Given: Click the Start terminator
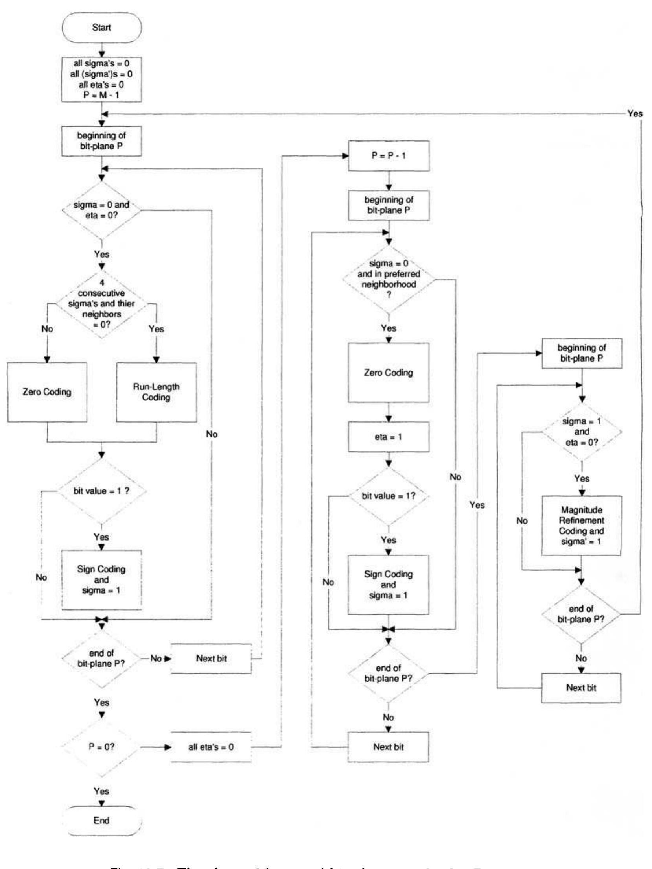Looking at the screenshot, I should pyautogui.click(x=101, y=27).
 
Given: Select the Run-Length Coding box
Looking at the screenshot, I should pyautogui.click(x=156, y=392).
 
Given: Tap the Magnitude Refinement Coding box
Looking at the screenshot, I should pyautogui.click(x=581, y=525).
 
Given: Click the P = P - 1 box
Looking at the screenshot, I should pyautogui.click(x=389, y=156).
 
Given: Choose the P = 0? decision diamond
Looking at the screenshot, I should pyautogui.click(x=101, y=746).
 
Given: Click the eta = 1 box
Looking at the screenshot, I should pyautogui.click(x=389, y=437).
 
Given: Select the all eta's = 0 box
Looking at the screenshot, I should pyautogui.click(x=211, y=747).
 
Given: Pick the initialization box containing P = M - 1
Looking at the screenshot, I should pyautogui.click(x=101, y=79).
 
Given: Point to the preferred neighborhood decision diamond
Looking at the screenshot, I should pyautogui.click(x=389, y=279).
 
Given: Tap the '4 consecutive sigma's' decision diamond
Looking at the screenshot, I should pyautogui.click(x=101, y=304).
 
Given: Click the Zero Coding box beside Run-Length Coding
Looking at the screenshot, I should pyautogui.click(x=47, y=392).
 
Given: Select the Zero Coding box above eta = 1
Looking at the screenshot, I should pyautogui.click(x=389, y=372).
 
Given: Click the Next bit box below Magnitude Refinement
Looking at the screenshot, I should pyautogui.click(x=581, y=688).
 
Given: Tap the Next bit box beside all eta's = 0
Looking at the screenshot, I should pyautogui.click(x=389, y=747).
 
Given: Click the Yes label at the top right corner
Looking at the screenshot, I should pyautogui.click(x=635, y=114).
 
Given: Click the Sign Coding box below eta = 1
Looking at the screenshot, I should pyautogui.click(x=389, y=585).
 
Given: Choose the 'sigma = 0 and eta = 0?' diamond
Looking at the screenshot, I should pyautogui.click(x=101, y=210).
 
